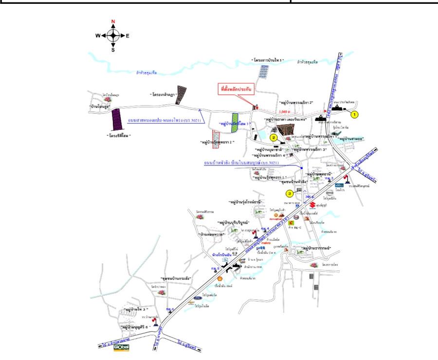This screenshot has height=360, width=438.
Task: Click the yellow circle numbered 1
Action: click(355, 115)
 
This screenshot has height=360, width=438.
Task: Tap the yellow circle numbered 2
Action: click(274, 138)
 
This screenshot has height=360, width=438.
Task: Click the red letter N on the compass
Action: click(113, 22)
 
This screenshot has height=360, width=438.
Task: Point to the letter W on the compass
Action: click(98, 36)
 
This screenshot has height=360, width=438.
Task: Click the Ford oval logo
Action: click(197, 297)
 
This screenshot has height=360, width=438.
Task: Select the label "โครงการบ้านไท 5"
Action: click(271, 60)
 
